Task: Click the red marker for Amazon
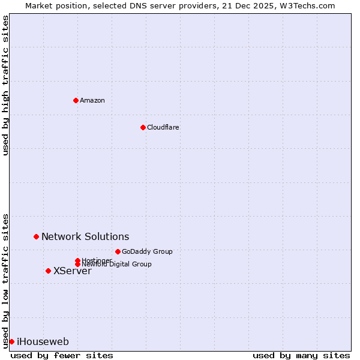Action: tap(76, 100)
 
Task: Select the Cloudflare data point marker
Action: tap(143, 127)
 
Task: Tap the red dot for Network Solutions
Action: tap(36, 237)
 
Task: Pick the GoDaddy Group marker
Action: tap(118, 251)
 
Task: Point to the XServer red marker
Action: tap(48, 271)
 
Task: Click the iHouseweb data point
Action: tap(11, 341)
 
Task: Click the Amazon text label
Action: tap(92, 100)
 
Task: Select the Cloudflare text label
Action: tap(163, 127)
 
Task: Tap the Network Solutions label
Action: tap(85, 237)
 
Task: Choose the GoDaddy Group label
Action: tap(147, 251)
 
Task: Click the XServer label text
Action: tap(73, 271)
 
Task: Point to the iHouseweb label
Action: tap(43, 342)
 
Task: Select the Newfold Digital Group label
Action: tap(117, 264)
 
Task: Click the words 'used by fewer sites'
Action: tap(62, 355)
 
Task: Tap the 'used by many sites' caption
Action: tap(301, 355)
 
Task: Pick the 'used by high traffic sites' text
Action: tap(6, 86)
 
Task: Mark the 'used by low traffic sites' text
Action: tap(6, 280)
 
